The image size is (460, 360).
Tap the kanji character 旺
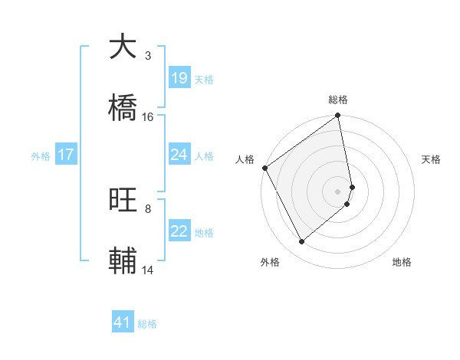click(123, 199)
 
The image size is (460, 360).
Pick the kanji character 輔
click(123, 260)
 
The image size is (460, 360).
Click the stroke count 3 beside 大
click(147, 56)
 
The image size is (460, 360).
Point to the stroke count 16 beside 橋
click(148, 117)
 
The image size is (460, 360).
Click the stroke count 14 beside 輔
click(148, 270)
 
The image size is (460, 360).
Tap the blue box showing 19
click(179, 78)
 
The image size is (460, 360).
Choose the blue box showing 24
click(179, 155)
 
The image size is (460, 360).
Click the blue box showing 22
click(179, 231)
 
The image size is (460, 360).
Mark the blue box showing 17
click(66, 155)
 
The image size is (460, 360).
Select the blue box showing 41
click(123, 322)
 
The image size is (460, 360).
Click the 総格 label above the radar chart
click(338, 100)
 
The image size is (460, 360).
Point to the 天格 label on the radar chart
click(431, 159)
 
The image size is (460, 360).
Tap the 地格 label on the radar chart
click(402, 262)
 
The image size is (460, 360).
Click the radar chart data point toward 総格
click(338, 116)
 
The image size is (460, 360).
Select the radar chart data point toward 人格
click(264, 168)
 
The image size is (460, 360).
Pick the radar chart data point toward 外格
click(301, 241)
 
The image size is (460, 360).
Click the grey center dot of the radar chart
click(338, 191)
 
